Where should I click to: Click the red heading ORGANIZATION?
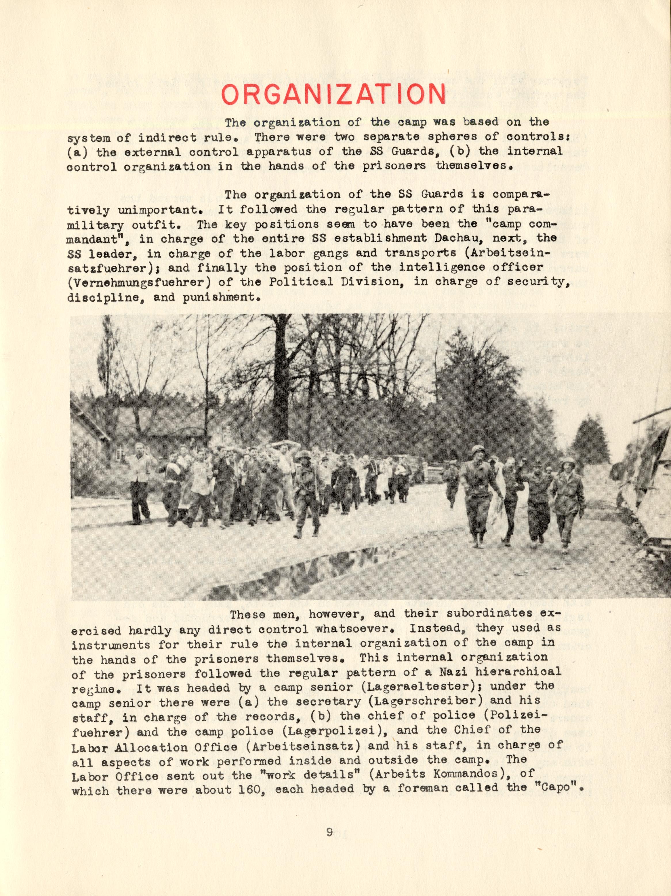(334, 94)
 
